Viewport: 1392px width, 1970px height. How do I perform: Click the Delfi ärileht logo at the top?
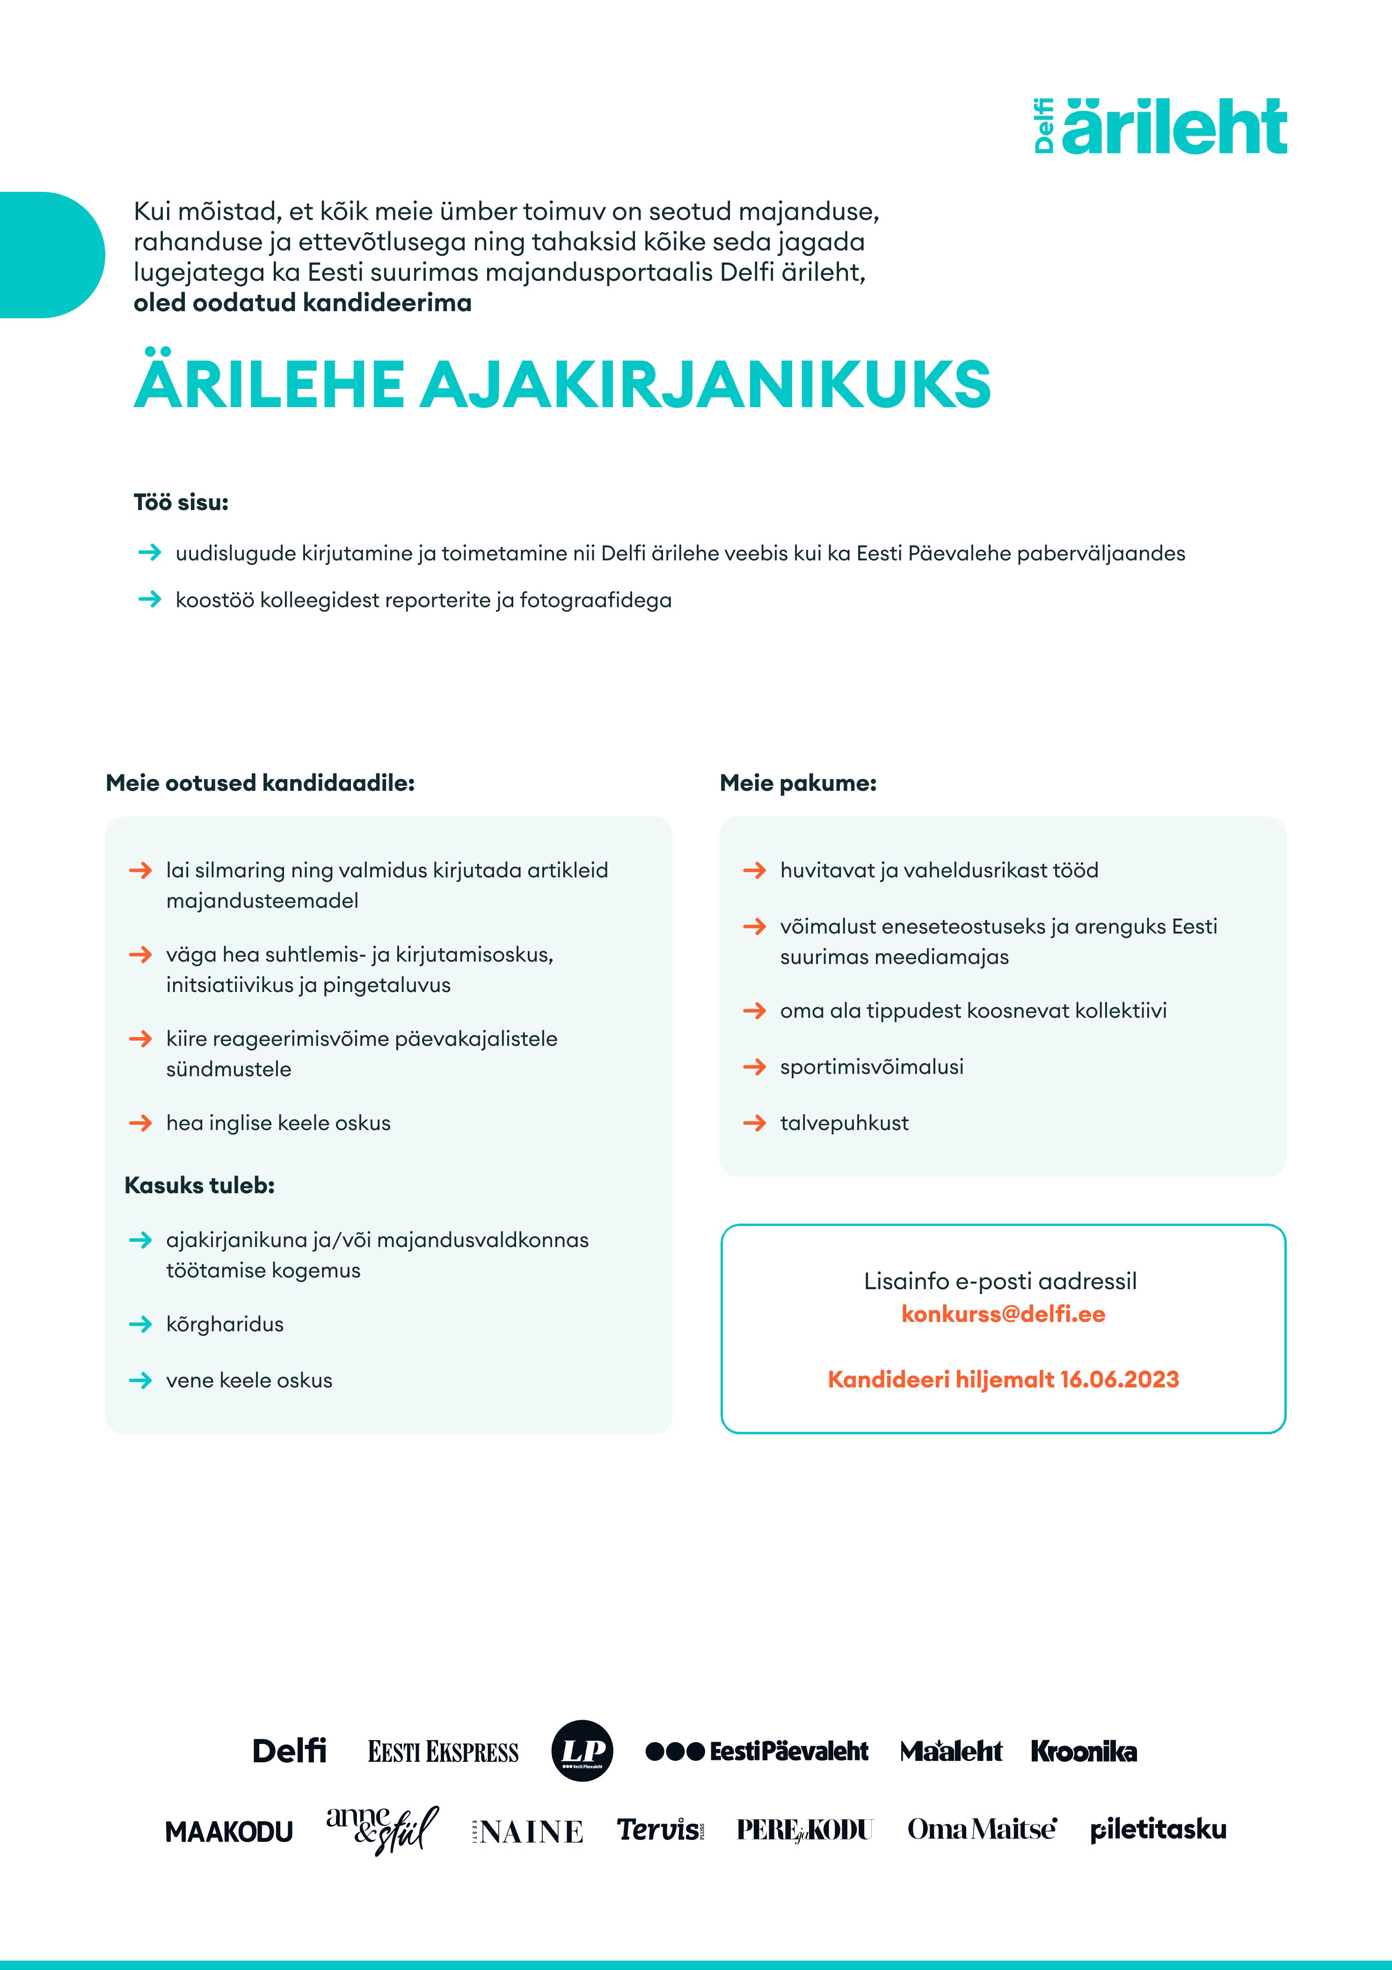click(x=1160, y=127)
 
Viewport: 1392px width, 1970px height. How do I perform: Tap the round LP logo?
click(x=582, y=1751)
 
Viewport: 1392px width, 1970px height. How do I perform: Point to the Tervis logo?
click(x=660, y=1830)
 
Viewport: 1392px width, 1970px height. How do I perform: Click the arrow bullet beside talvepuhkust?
click(x=754, y=1123)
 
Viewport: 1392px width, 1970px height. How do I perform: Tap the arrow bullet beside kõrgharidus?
click(x=140, y=1325)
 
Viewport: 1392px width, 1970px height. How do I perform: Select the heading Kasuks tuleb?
click(x=199, y=1186)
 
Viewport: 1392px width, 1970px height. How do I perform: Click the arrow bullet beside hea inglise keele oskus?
click(x=140, y=1123)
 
